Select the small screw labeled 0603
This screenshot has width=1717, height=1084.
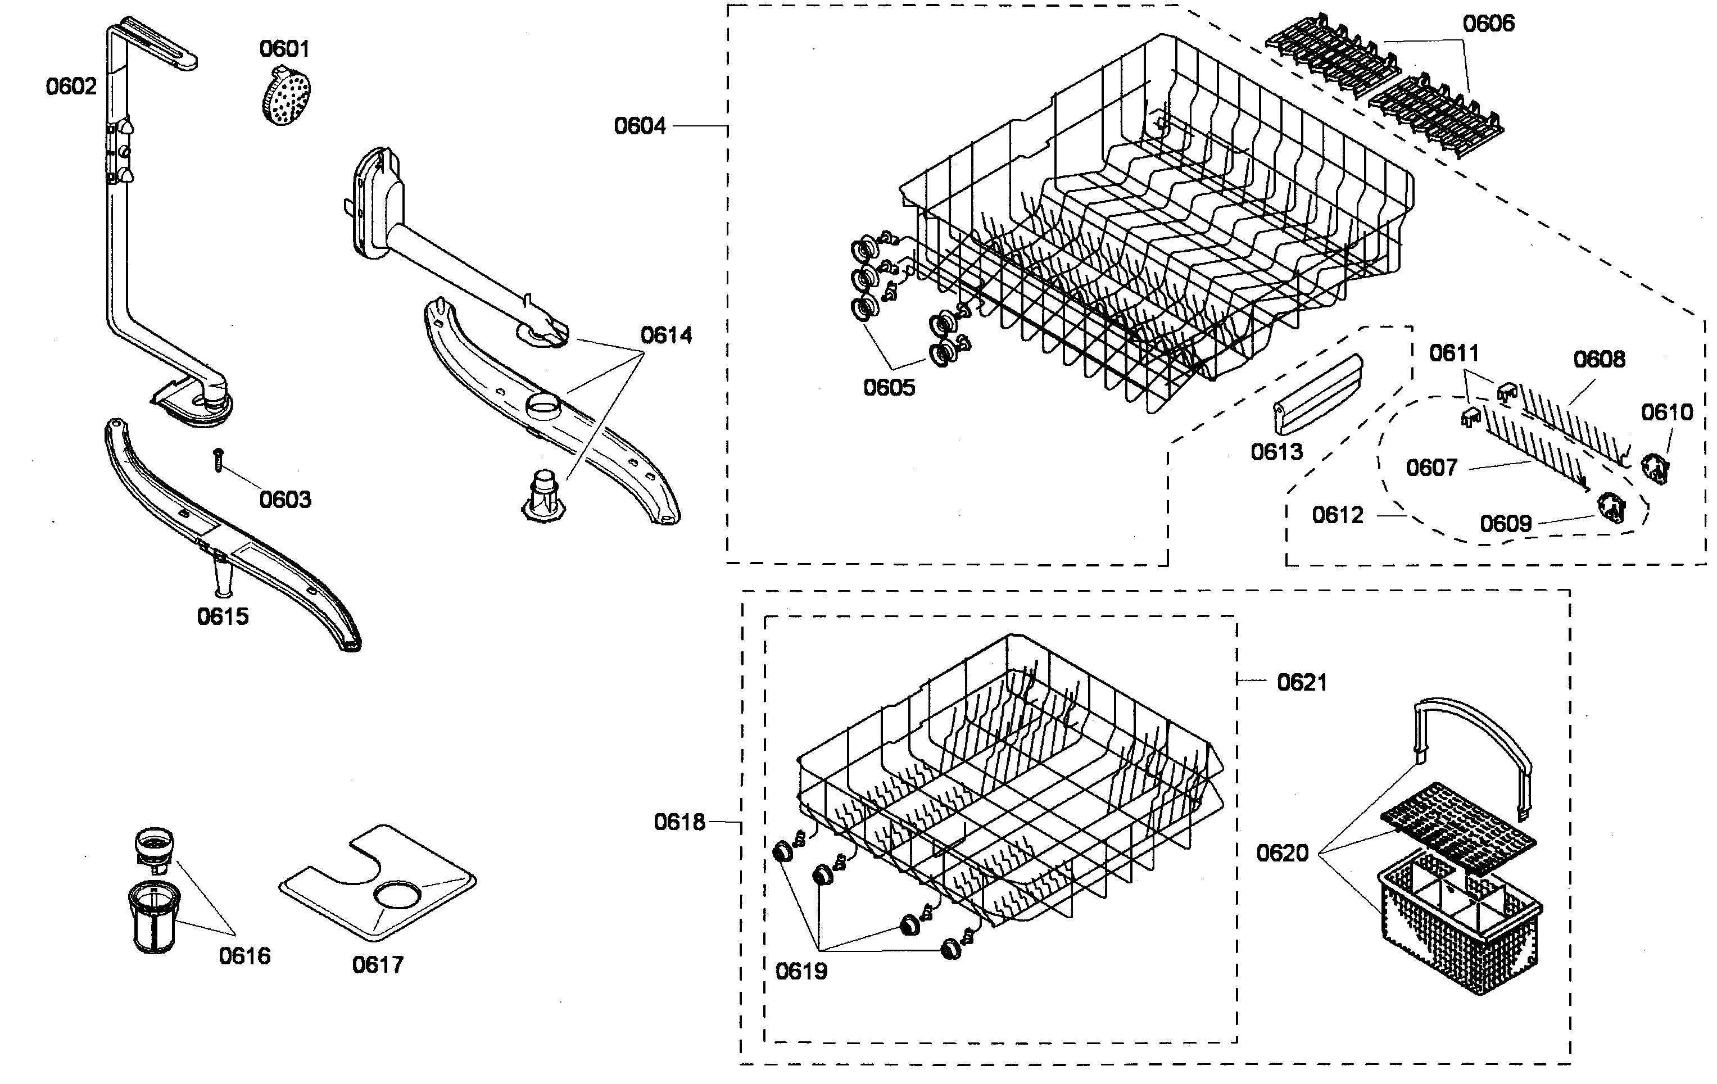[219, 460]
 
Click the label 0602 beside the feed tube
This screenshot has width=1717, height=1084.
[71, 87]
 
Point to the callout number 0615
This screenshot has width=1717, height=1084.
[223, 616]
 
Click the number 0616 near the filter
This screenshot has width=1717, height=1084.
[244, 956]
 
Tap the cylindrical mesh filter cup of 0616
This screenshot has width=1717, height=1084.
[154, 917]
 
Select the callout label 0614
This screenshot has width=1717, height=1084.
[666, 335]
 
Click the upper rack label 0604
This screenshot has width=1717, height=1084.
[640, 126]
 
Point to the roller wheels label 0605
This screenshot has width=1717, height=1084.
[889, 387]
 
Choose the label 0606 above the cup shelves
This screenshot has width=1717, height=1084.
[1488, 24]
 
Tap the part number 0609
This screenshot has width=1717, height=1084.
[1505, 524]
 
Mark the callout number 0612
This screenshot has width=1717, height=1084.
[1338, 515]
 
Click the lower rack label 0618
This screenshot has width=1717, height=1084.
[679, 822]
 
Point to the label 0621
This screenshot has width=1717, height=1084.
[1302, 683]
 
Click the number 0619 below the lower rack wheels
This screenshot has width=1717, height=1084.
[801, 970]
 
